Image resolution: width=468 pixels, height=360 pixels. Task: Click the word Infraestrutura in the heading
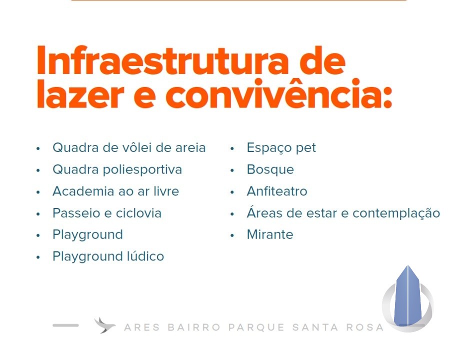pos(163,60)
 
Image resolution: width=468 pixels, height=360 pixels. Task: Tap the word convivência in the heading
pos(273,93)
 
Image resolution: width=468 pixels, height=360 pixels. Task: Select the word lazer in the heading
pos(80,93)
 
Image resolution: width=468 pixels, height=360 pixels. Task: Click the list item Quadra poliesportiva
pos(117,170)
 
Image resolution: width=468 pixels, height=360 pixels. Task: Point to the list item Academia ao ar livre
pos(116,191)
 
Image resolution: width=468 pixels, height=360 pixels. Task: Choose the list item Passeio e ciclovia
pos(107,213)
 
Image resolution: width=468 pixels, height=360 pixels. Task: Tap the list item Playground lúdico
pos(108,256)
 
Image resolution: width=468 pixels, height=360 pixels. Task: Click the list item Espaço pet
pos(281,148)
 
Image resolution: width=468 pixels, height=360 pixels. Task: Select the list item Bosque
pos(270,170)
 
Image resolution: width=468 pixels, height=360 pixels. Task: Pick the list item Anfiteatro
pos(276,191)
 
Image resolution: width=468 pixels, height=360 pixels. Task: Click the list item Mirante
pos(270,234)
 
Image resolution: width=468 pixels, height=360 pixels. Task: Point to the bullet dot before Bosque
pos(232,170)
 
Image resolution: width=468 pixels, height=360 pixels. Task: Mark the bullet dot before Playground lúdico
pos(38,257)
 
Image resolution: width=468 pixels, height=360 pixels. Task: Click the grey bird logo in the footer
pos(104,325)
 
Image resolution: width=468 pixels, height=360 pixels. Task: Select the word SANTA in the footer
pos(315,327)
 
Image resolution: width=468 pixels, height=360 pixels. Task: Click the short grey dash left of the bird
pos(65,325)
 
